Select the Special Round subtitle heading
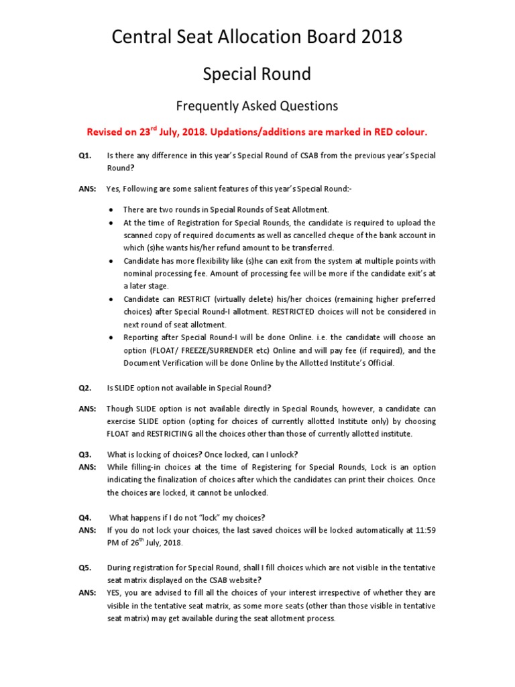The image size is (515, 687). pos(257,74)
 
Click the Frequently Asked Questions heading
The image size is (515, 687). pos(257,106)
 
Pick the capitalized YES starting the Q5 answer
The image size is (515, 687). pos(115,592)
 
